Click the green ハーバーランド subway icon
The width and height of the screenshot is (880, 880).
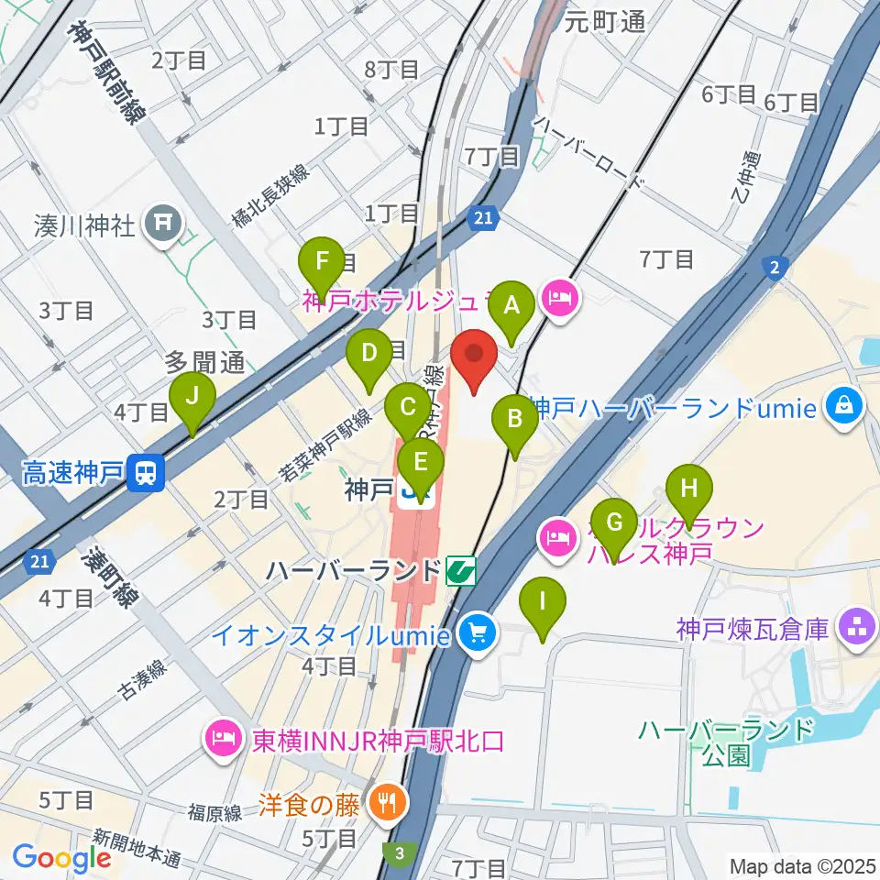[461, 571]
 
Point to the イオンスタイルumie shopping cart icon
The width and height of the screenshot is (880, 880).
[478, 632]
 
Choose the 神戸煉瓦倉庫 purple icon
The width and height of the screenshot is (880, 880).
[860, 629]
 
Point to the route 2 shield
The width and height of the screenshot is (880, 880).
[775, 267]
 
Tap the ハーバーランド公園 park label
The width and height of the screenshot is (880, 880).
[724, 742]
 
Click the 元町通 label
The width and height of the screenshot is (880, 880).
[605, 21]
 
